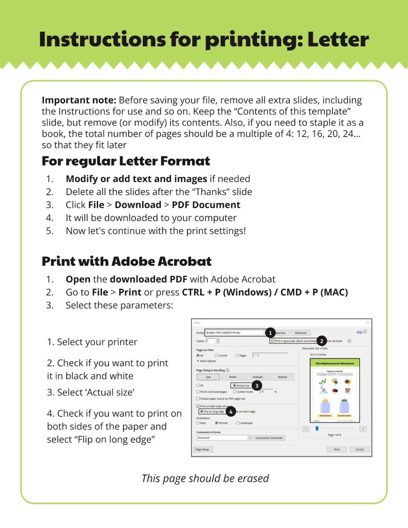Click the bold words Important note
[x=79, y=100]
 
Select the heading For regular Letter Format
[x=126, y=161]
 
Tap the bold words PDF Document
[x=206, y=205]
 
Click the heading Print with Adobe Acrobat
[x=127, y=261]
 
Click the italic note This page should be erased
[x=205, y=478]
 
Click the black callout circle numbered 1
[x=270, y=333]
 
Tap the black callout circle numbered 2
[x=322, y=341]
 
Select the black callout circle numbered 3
[x=257, y=385]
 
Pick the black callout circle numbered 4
[x=231, y=412]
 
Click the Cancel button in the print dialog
[x=359, y=449]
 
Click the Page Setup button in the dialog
[x=203, y=449]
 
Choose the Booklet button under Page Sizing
[x=283, y=377]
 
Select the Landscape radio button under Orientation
[x=238, y=423]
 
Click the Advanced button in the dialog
[x=301, y=333]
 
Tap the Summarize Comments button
[x=269, y=438]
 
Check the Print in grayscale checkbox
[x=273, y=341]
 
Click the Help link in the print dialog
[x=359, y=332]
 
